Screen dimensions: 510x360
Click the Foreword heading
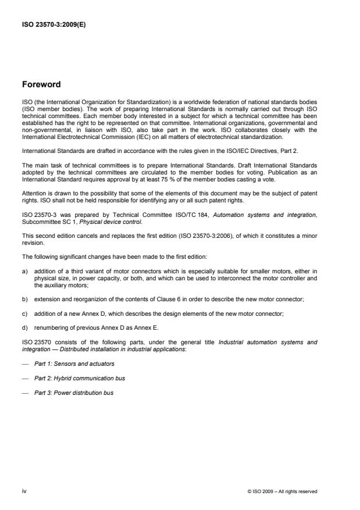pos(41,84)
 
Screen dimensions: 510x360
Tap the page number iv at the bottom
pos(25,491)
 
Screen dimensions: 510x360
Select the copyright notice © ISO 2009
pos(282,491)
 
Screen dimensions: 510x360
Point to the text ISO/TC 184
pos(184,217)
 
